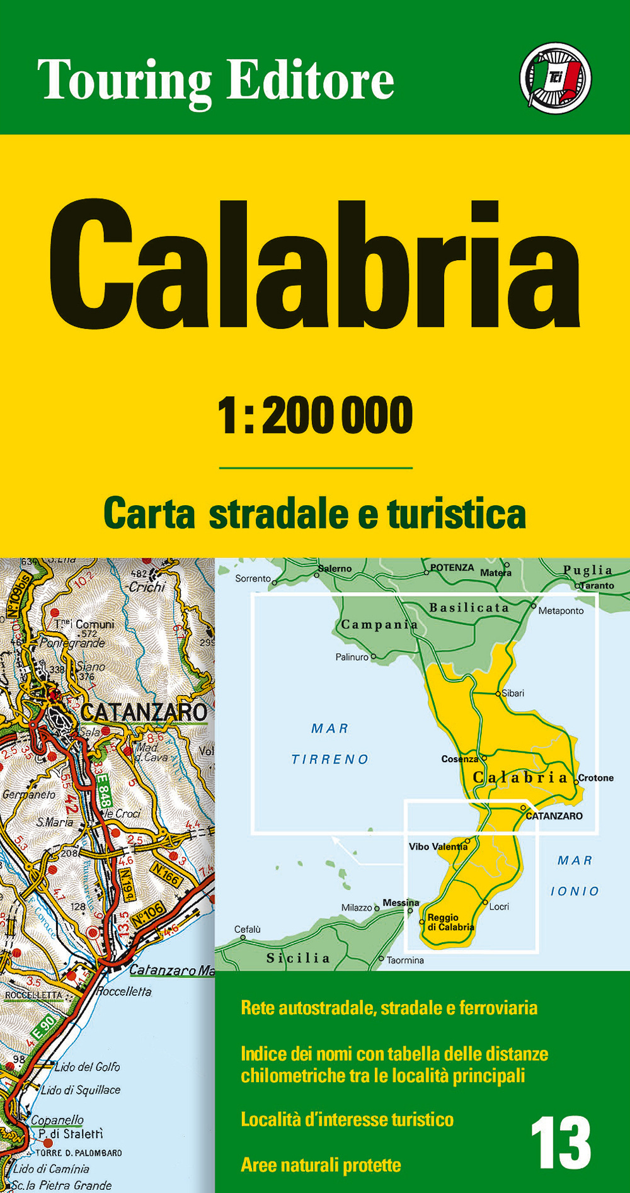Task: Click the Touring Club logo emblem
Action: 555,78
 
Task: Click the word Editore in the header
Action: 310,81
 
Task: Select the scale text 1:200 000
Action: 315,416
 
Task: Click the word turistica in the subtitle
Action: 456,514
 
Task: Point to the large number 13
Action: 560,1143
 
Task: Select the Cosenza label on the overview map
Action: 459,759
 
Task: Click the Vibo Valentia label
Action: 438,847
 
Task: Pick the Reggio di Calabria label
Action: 450,922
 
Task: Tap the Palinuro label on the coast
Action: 352,657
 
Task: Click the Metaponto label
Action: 561,611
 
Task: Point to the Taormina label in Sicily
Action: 405,961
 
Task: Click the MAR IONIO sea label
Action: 575,876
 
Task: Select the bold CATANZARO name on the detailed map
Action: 144,712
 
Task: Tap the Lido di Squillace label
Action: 80,1090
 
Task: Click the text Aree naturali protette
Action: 321,1165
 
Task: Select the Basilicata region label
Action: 469,608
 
